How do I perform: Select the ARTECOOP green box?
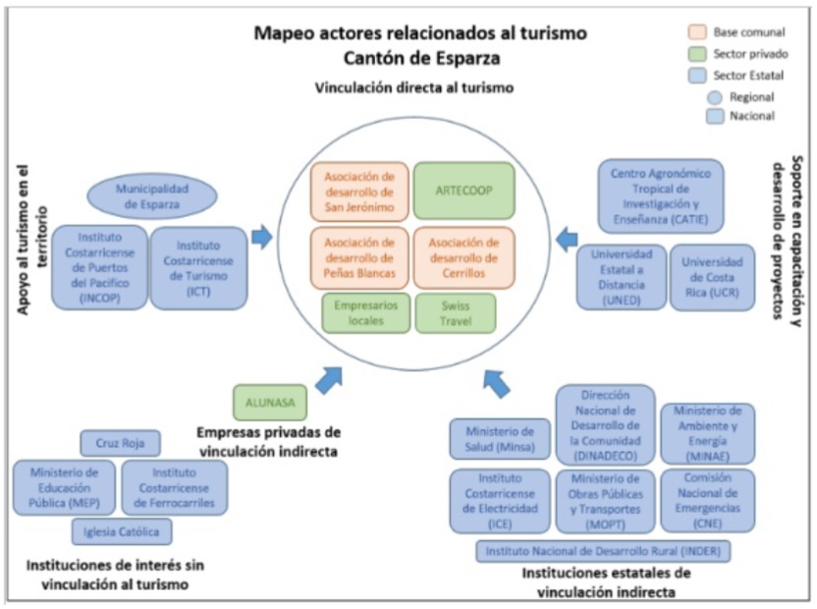pos(463,190)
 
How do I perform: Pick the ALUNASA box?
pos(270,402)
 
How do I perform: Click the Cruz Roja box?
pos(120,444)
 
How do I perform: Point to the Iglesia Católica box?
pos(122,531)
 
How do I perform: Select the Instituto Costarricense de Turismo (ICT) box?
pos(198,268)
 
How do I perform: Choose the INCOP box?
pos(99,268)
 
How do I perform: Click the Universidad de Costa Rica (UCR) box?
pos(712,278)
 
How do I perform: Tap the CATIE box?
pos(660,196)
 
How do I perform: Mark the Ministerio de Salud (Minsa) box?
pos(500,439)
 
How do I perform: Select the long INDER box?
pos(603,551)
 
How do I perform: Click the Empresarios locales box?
pos(365,313)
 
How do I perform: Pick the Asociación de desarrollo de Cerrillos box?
pos(463,257)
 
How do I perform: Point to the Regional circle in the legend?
pos(714,97)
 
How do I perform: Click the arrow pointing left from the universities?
pos(567,237)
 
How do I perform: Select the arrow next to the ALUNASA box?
pos(328,379)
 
